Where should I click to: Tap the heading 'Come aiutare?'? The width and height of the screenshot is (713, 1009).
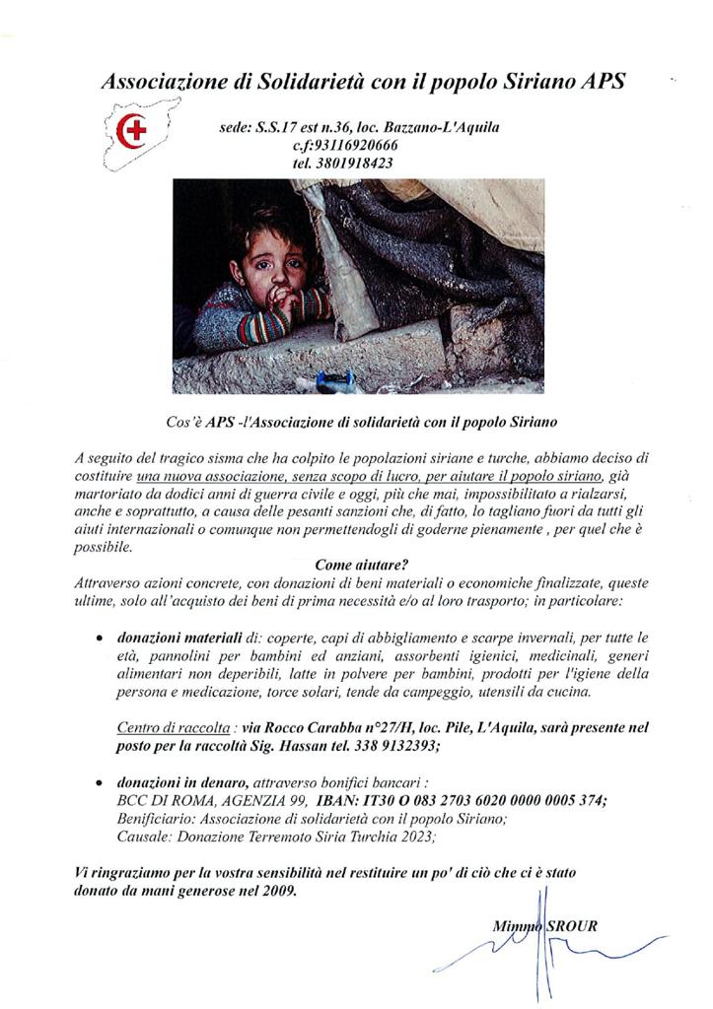355,565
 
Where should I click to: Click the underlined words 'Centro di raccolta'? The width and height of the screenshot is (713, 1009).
160,728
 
